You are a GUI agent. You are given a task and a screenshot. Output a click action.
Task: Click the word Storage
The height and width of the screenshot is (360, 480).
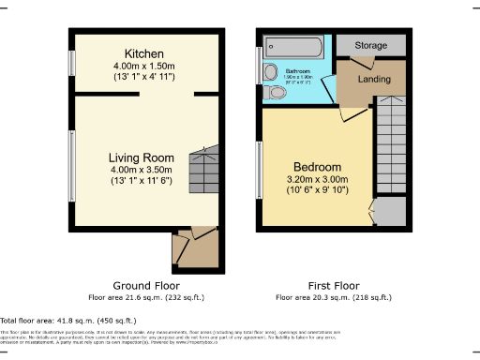tap(371, 44)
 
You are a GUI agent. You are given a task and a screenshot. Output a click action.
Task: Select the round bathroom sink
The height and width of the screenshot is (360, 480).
tap(271, 72)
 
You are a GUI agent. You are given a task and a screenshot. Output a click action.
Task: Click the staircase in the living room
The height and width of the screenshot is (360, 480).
tap(202, 171)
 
